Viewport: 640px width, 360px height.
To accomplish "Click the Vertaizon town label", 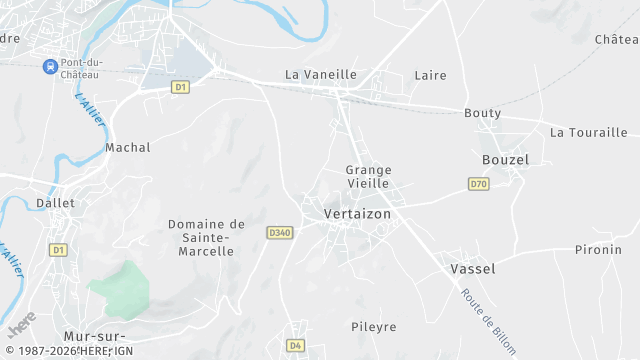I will [357, 214].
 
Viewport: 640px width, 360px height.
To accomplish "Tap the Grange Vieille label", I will [368, 177].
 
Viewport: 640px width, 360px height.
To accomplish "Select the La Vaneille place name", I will [320, 74].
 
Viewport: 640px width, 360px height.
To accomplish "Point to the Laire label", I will [430, 75].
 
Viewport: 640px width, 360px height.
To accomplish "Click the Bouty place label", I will [482, 113].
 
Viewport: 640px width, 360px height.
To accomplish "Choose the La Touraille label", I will [588, 132].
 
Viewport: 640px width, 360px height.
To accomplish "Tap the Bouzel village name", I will [505, 160].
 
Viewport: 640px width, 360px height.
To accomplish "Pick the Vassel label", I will [473, 269].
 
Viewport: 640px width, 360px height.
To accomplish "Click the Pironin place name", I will [598, 250].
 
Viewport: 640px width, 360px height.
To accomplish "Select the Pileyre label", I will [374, 327].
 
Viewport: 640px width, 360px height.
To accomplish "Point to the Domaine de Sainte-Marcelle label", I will [206, 238].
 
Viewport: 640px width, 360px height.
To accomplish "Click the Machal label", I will [128, 148].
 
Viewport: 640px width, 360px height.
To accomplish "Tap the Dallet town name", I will [55, 202].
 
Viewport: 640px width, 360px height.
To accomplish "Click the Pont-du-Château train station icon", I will [49, 66].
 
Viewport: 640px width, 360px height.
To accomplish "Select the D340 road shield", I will [279, 233].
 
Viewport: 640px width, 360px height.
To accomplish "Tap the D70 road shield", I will [478, 184].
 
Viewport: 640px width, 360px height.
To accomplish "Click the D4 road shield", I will [294, 345].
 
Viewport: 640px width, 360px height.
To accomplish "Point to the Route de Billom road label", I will [489, 321].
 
